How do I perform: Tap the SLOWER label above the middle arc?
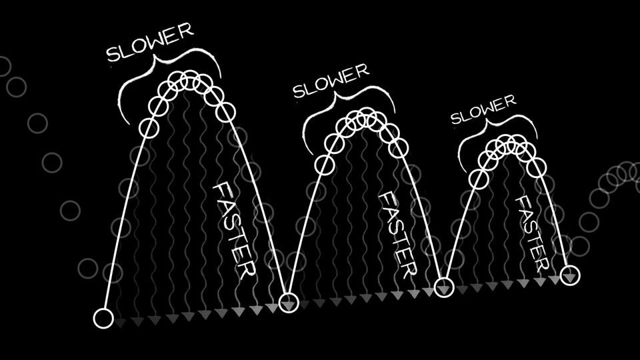click(x=331, y=80)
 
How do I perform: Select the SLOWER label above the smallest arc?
click(x=483, y=109)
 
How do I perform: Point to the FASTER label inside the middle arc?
click(x=397, y=235)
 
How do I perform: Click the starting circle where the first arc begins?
click(x=103, y=318)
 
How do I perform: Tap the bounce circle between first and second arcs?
click(x=288, y=302)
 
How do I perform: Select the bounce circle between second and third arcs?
click(x=444, y=287)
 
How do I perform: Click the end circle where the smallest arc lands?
click(x=570, y=274)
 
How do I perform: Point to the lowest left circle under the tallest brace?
click(x=150, y=127)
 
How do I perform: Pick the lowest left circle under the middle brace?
click(x=325, y=163)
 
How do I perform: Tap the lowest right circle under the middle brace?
click(x=398, y=148)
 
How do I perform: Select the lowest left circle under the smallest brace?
click(x=478, y=178)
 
